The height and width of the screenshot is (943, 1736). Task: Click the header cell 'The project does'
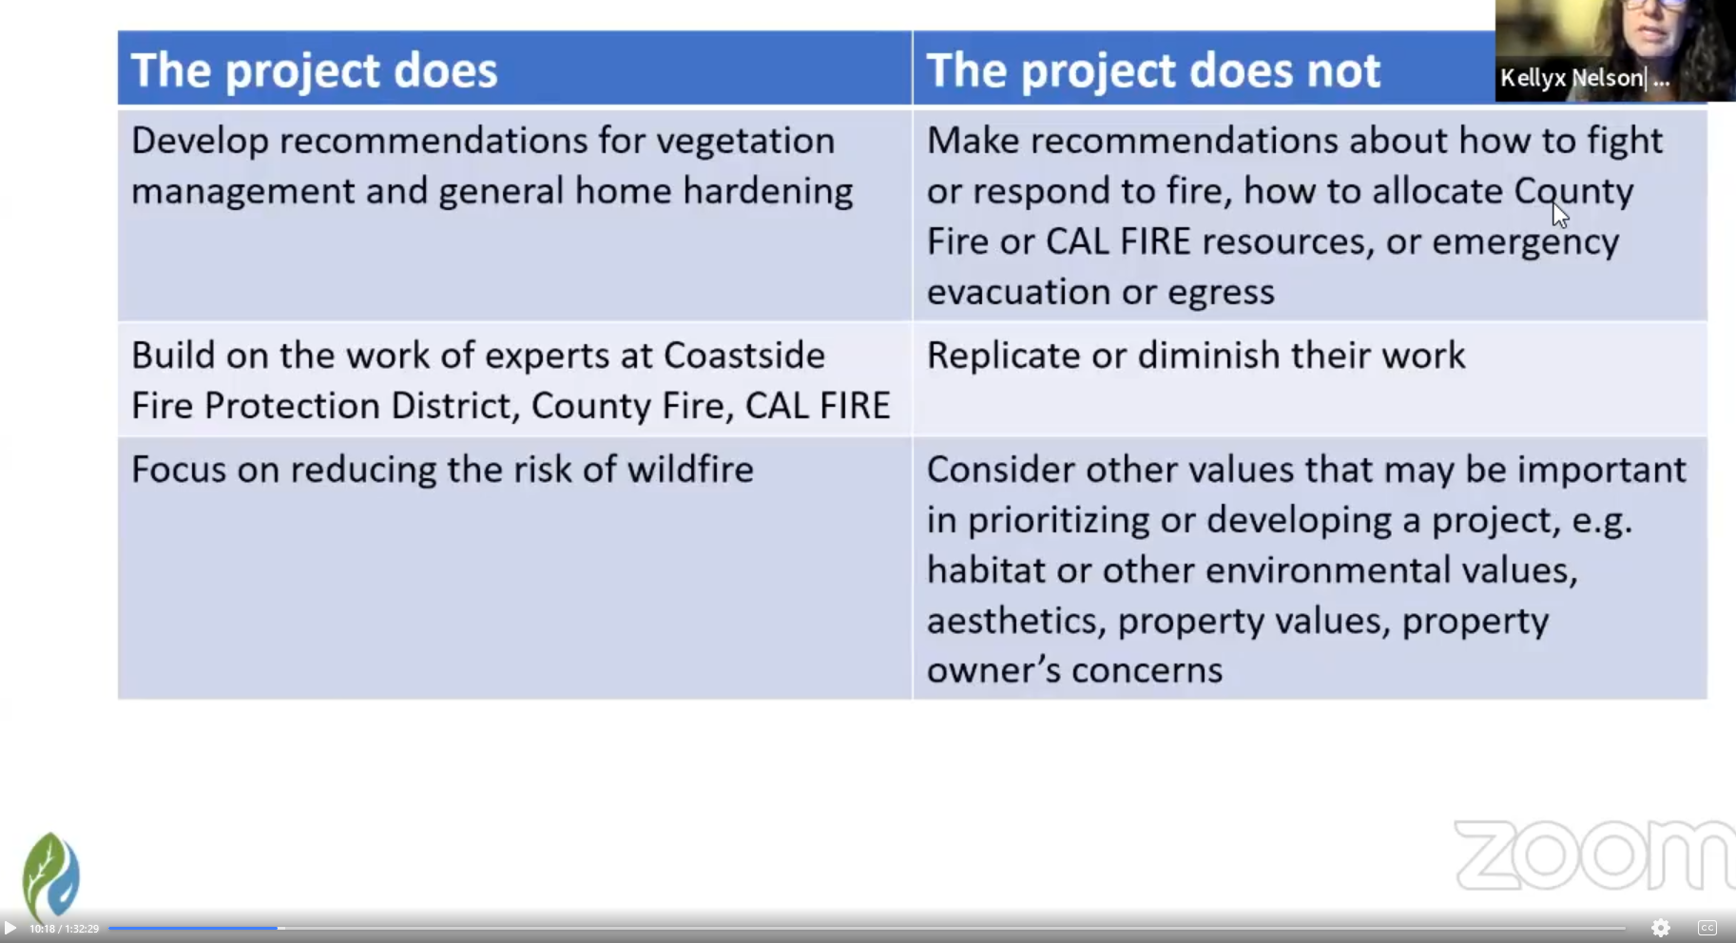pyautogui.click(x=514, y=68)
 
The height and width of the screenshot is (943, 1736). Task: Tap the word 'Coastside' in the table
pyautogui.click(x=743, y=356)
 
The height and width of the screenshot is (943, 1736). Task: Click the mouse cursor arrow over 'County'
pyautogui.click(x=1559, y=214)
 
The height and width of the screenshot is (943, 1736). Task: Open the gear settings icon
pyautogui.click(x=1661, y=928)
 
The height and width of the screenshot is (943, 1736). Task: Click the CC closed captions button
pyautogui.click(x=1707, y=928)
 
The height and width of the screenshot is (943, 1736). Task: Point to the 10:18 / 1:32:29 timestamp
pyautogui.click(x=64, y=929)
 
